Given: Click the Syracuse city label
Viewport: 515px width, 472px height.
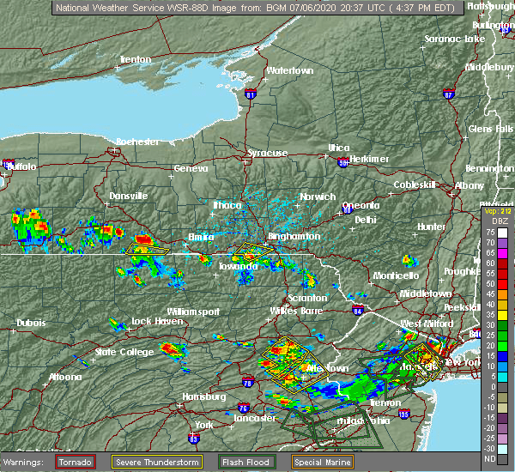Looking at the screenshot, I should pyautogui.click(x=267, y=153).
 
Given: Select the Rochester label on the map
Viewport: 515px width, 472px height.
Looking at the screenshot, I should pyautogui.click(x=137, y=141).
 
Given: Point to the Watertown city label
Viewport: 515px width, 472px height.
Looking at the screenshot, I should pyautogui.click(x=289, y=70).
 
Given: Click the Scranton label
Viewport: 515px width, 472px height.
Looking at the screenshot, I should pyautogui.click(x=307, y=298).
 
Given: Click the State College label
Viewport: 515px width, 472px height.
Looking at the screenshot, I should pyautogui.click(x=118, y=352).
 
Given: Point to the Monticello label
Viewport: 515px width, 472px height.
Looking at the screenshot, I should pyautogui.click(x=396, y=275).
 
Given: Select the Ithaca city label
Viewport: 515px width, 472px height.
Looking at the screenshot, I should pyautogui.click(x=227, y=205).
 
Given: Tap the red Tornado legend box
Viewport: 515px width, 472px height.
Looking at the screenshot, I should pyautogui.click(x=76, y=462).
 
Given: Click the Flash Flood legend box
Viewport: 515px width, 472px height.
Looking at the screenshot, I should pyautogui.click(x=246, y=462).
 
